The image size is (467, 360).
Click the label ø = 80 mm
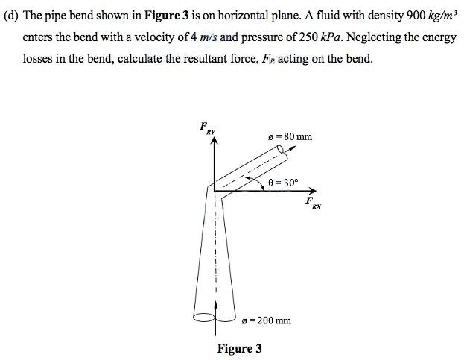coord(290,136)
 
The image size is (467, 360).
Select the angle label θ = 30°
coord(282,181)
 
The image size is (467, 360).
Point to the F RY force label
coord(207,128)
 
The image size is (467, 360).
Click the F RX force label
coord(313,203)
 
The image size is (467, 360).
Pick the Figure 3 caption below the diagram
coord(239,348)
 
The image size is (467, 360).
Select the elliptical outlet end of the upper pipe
coord(282,154)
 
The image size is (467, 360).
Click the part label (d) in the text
coord(12,16)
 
